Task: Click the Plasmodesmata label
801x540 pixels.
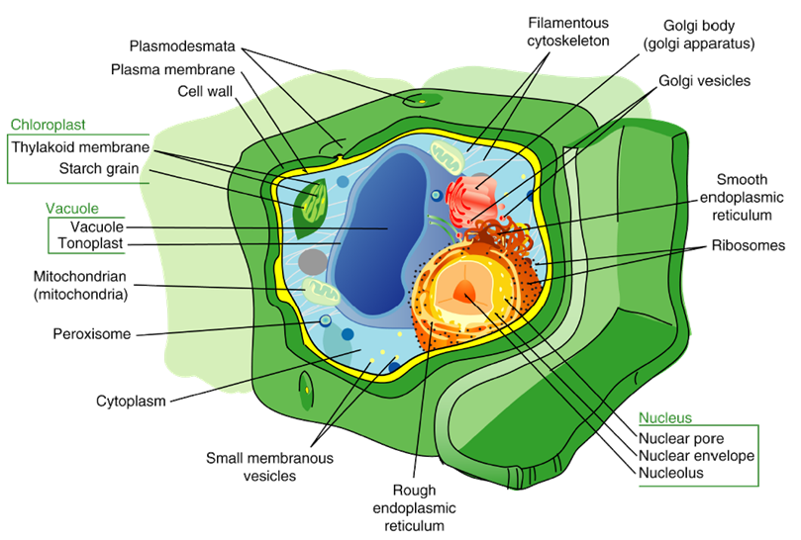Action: tap(182, 45)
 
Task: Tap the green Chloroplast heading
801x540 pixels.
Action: tap(48, 125)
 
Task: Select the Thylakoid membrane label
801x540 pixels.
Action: tap(81, 147)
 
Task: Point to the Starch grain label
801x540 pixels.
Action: tap(99, 168)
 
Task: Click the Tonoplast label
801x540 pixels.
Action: tap(90, 243)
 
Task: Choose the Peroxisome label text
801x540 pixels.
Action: tap(92, 334)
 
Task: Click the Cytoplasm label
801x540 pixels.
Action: tap(132, 402)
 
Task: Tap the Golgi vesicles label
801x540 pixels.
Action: tap(704, 81)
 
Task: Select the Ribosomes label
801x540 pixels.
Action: tap(749, 245)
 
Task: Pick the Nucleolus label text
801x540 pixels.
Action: tap(671, 473)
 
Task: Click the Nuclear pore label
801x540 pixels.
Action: tap(681, 438)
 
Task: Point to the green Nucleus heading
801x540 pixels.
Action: tap(665, 418)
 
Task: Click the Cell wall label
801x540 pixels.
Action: tap(205, 91)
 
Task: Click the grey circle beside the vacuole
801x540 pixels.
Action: tap(313, 262)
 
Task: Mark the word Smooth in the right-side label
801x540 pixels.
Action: tap(742, 180)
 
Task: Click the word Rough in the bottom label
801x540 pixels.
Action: tap(414, 491)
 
